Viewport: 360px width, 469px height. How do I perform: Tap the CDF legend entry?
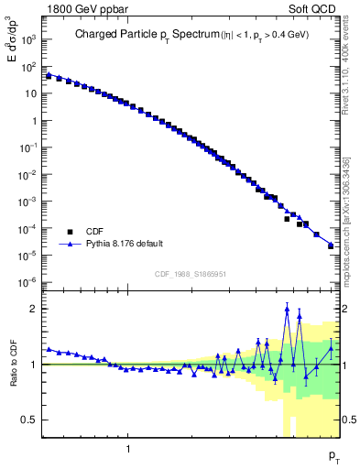point(96,232)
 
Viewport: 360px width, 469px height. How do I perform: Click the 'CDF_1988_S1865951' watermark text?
point(191,273)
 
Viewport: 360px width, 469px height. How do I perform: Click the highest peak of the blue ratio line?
point(287,309)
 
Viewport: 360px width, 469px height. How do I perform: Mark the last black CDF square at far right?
point(331,245)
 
